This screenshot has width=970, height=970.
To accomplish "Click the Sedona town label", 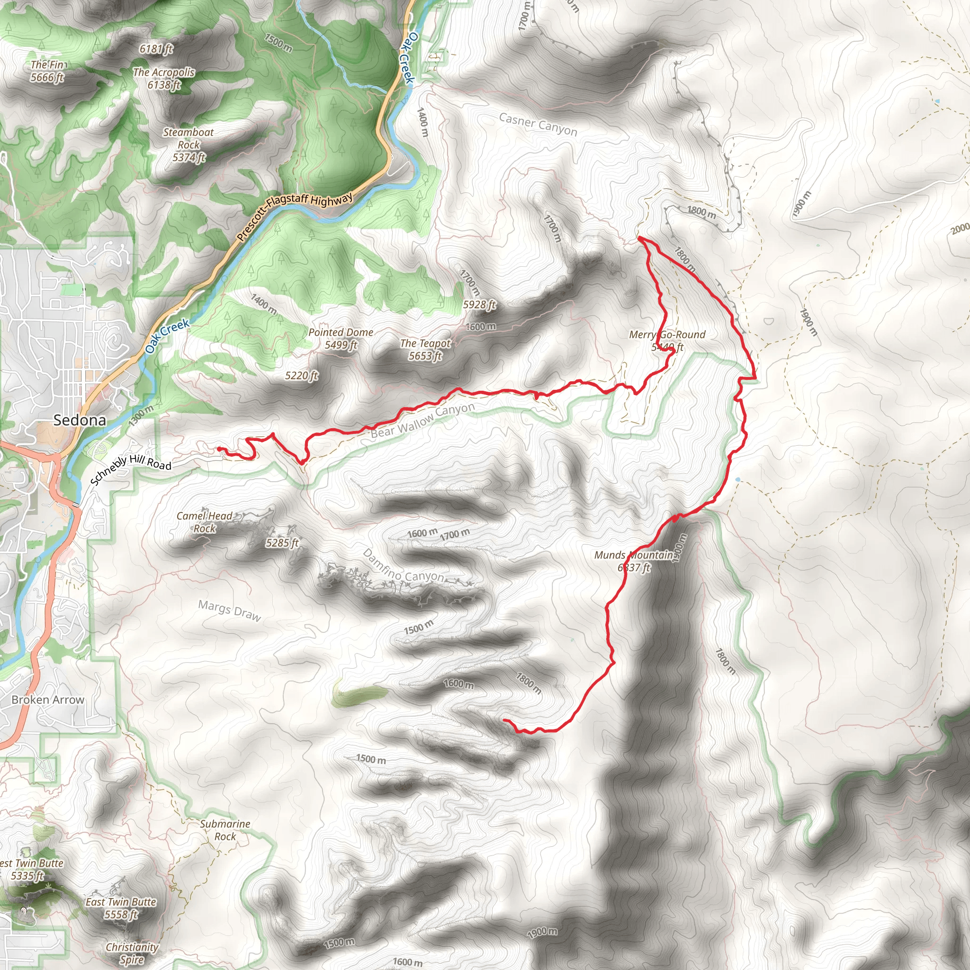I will point(80,420).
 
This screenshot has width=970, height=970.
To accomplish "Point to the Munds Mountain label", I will point(634,555).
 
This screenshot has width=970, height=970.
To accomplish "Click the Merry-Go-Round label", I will point(667,335).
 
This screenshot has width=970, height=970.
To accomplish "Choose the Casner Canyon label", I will point(538,124).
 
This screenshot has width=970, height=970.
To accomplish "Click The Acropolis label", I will point(164,72).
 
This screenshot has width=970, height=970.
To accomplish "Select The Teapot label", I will point(425,343).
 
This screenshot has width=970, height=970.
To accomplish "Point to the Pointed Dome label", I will point(341,332).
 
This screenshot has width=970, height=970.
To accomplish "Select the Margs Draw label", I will point(229,611).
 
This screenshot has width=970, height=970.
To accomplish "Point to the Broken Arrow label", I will point(48,700).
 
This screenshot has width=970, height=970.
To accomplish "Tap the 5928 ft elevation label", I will point(479,305).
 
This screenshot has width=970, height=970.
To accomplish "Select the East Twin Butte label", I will point(120,902).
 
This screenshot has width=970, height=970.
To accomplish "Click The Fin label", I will point(47,65).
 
